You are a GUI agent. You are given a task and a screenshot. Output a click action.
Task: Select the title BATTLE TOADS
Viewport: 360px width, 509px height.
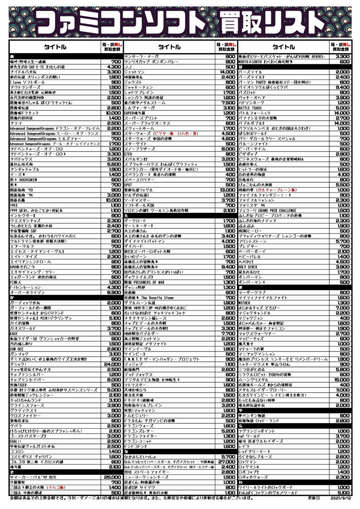(251, 107)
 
